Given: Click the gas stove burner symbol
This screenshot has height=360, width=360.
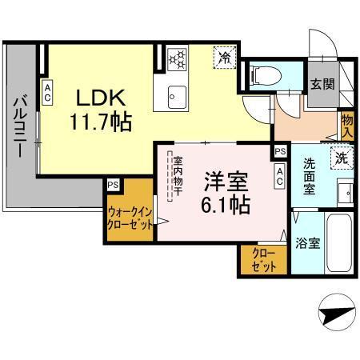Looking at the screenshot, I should click(x=176, y=59).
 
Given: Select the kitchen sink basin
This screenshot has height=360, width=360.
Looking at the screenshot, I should click(x=176, y=98).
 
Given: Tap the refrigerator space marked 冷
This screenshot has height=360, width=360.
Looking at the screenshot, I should click(x=225, y=58).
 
